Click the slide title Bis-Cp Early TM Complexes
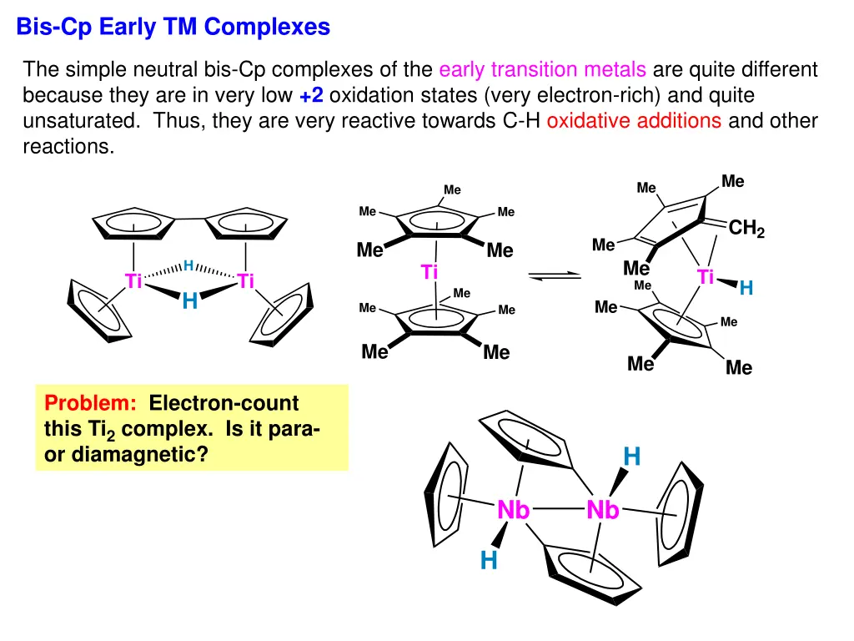point(173,28)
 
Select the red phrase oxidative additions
point(634,120)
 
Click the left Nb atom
point(514,510)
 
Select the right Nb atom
point(603,510)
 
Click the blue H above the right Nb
point(632,457)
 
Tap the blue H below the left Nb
point(489,562)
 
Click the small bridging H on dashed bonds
point(188,265)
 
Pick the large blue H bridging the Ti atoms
point(189,301)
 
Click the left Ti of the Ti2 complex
point(133,281)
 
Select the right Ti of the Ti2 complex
point(245,281)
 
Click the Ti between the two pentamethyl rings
point(430,272)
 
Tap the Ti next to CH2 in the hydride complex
point(706,278)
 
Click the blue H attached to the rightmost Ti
point(746,289)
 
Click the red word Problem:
point(91,404)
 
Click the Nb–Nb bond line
point(558,508)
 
